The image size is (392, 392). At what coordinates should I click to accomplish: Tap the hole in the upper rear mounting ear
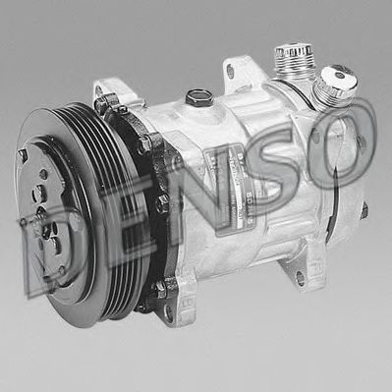[230, 72]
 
